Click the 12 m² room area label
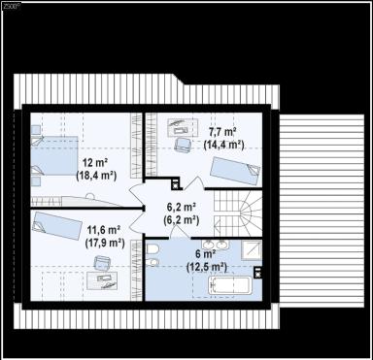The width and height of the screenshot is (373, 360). pyautogui.click(x=94, y=162)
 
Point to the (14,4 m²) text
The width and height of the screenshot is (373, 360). pyautogui.click(x=223, y=144)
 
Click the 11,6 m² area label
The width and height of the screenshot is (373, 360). pyautogui.click(x=103, y=230)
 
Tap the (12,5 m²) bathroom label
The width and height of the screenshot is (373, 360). pyautogui.click(x=206, y=266)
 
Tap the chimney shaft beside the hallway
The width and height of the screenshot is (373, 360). pyautogui.click(x=175, y=183)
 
